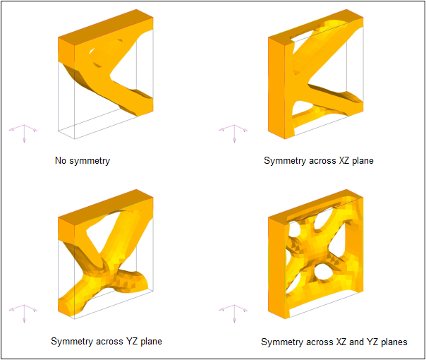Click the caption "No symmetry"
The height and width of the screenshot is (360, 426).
point(83,161)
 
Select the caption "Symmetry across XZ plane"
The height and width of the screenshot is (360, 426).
point(318,161)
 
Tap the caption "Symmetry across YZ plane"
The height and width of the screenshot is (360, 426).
point(107,341)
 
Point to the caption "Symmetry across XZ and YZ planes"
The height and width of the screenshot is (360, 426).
point(334,342)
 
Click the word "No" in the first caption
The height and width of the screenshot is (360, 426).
point(61,160)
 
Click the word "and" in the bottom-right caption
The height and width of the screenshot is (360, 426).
point(356,342)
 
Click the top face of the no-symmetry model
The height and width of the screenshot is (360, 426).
point(106,28)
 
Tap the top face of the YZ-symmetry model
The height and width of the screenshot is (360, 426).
point(106,208)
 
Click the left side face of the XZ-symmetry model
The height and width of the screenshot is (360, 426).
point(276,88)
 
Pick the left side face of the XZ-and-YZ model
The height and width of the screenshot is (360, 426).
point(276,268)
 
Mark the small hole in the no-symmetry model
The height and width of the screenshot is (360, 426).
point(92,51)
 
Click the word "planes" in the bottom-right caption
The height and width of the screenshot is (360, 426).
point(394,342)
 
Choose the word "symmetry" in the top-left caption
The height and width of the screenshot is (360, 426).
point(90,161)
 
